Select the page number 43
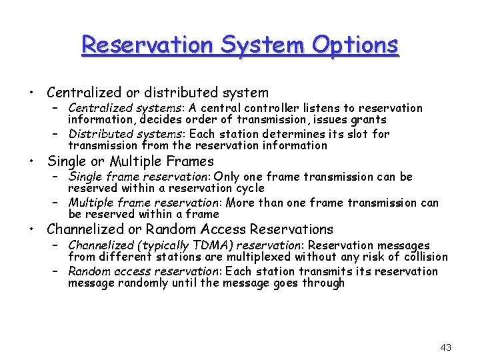point(446,347)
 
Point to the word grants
point(369,120)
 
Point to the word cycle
point(247,189)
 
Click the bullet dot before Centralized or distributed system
point(31,93)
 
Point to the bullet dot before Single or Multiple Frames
point(31,161)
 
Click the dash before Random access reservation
point(58,271)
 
